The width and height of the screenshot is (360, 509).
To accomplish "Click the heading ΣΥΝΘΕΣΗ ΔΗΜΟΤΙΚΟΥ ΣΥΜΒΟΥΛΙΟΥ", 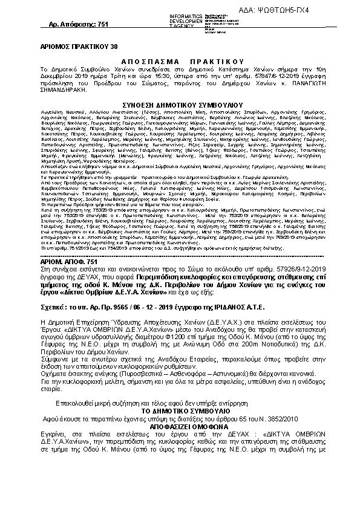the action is coord(182,104).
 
